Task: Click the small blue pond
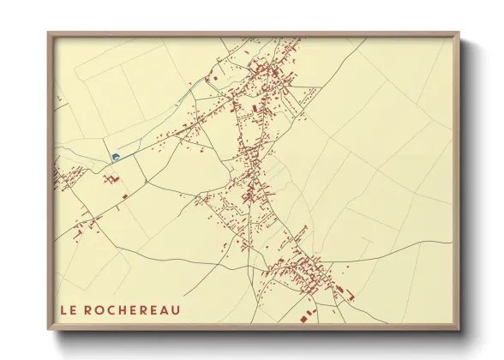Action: click(x=115, y=156)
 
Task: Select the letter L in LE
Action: click(x=63, y=309)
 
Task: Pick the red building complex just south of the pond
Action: click(x=111, y=180)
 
